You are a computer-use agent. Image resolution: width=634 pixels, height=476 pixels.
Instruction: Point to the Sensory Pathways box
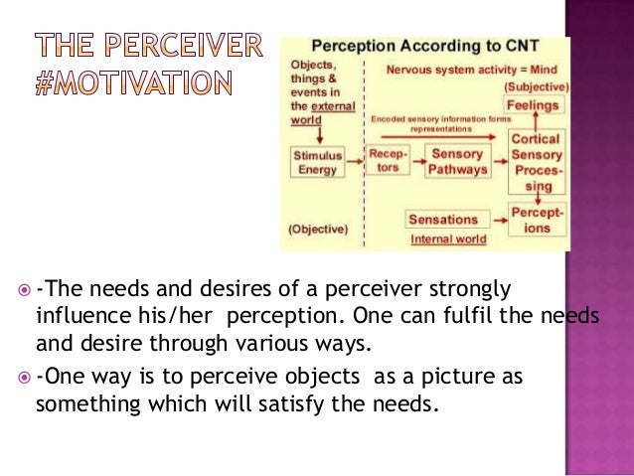click(x=458, y=161)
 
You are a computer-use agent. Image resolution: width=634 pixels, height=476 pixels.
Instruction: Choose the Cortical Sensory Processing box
click(x=536, y=161)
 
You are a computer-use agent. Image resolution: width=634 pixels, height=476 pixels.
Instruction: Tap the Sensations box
click(x=443, y=218)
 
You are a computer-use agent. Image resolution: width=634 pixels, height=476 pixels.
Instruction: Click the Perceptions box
click(x=537, y=219)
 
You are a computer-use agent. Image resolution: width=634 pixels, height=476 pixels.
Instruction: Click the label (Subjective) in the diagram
click(x=537, y=86)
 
